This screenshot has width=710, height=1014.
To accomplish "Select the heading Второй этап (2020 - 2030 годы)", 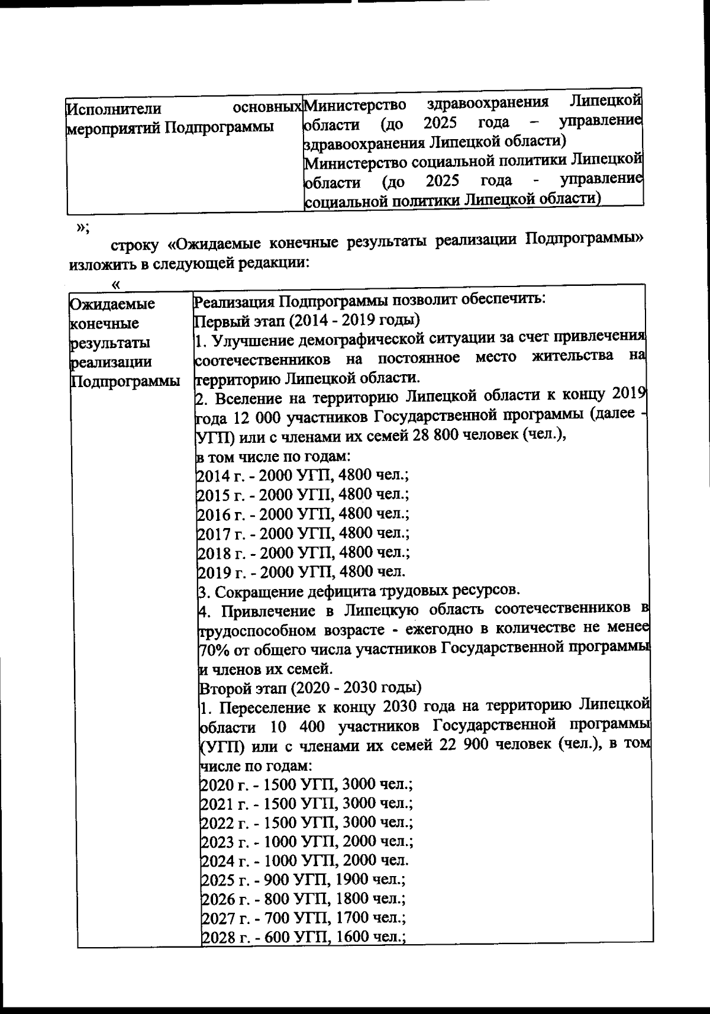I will click(x=311, y=688).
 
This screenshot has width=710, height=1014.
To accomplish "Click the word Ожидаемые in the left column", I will click(x=112, y=304).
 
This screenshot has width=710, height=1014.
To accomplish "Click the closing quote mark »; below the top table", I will click(x=82, y=227).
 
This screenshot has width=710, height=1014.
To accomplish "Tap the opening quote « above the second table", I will click(x=116, y=285).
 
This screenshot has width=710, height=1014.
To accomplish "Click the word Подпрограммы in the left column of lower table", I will click(x=125, y=381).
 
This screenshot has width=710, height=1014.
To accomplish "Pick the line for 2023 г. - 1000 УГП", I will click(x=306, y=841).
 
